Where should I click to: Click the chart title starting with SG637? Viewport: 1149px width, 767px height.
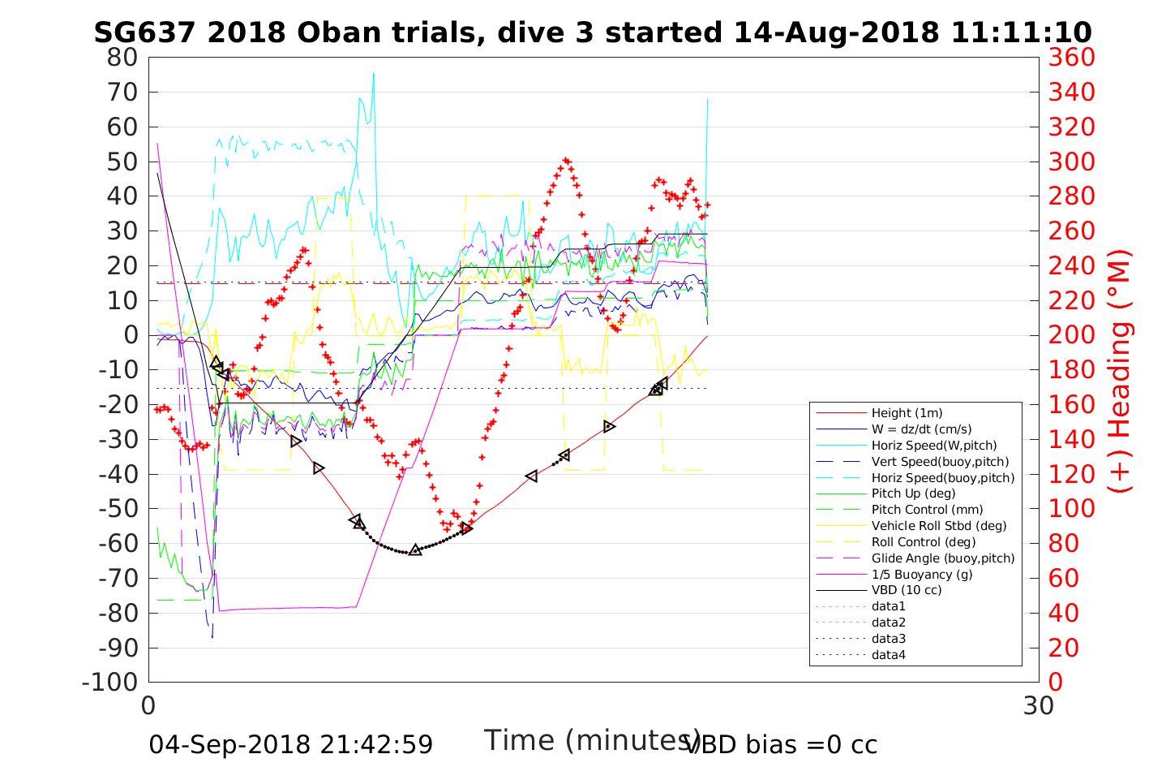[x=593, y=32]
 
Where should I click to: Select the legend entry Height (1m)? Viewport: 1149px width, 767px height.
[x=907, y=413]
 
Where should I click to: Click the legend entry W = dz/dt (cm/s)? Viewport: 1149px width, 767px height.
[x=921, y=429]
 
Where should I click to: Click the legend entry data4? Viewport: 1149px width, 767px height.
[x=889, y=655]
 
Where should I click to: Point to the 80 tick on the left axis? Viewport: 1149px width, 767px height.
[x=122, y=58]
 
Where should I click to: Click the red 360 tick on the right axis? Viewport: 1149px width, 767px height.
[x=1071, y=58]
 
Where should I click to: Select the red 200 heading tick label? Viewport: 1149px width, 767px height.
[x=1071, y=335]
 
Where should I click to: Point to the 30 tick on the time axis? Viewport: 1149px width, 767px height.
[x=1039, y=706]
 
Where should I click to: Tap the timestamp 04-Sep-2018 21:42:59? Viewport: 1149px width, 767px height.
[x=290, y=744]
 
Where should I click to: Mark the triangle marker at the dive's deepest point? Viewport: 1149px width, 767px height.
[x=415, y=550]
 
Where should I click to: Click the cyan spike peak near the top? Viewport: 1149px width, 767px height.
[x=374, y=74]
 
